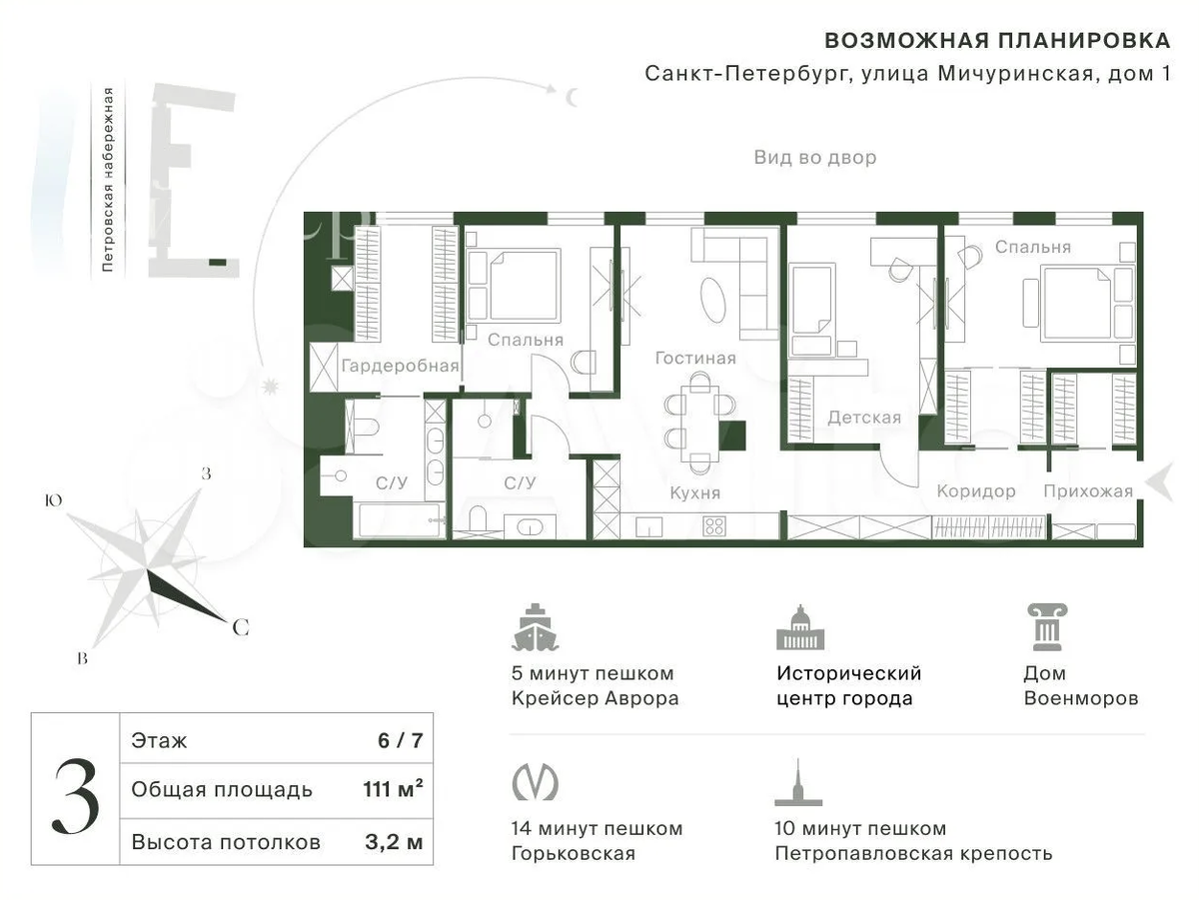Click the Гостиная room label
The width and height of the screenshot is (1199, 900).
tap(695, 359)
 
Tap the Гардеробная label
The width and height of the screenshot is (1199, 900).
tap(400, 366)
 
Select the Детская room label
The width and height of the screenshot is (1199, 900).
tap(864, 418)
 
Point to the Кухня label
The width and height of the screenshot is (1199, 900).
tap(694, 493)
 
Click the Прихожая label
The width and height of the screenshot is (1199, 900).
tap(1088, 491)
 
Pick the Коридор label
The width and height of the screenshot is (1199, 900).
tap(976, 491)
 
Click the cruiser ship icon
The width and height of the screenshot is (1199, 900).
tap(535, 627)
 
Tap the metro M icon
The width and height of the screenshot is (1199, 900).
tap(535, 781)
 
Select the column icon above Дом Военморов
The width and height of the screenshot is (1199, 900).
tap(1046, 627)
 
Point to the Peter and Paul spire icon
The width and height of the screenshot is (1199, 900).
tap(798, 782)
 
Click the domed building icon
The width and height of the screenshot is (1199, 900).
tap(800, 627)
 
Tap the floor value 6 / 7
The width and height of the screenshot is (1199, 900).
tap(401, 740)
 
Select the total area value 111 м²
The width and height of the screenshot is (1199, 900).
tap(393, 788)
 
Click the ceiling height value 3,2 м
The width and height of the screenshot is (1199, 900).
tap(394, 842)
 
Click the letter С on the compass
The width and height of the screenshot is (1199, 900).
tap(241, 627)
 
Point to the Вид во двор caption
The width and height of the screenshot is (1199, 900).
tap(815, 157)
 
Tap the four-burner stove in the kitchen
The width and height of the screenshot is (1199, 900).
tap(714, 526)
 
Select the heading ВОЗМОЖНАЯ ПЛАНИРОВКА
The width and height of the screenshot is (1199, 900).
tap(997, 41)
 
